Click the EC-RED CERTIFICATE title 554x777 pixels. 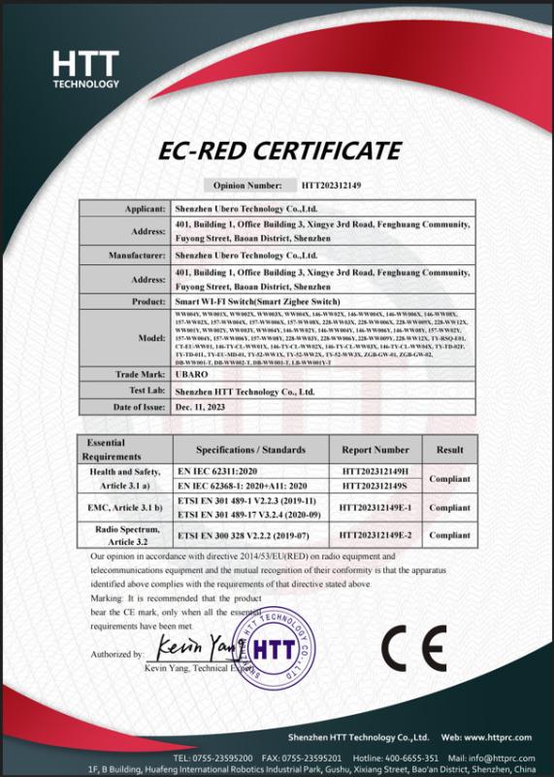(277, 151)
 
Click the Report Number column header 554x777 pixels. (375, 450)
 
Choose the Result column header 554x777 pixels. (449, 450)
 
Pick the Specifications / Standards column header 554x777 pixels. (250, 450)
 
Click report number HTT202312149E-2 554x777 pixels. (375, 534)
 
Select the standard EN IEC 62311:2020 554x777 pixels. (220, 471)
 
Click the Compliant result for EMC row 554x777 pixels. (449, 507)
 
